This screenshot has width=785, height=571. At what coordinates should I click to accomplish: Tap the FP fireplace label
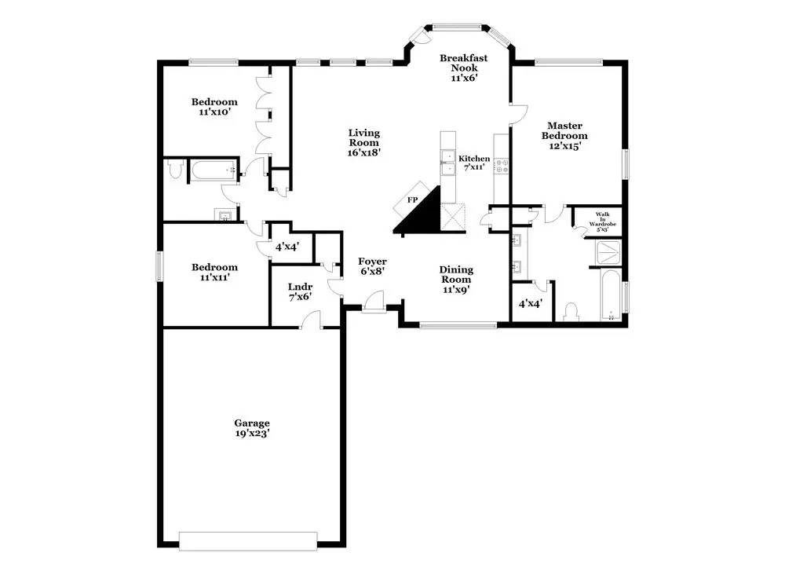(x=411, y=200)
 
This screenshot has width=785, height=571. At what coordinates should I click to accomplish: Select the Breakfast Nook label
(x=463, y=68)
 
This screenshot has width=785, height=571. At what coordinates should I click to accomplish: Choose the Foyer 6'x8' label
(x=372, y=266)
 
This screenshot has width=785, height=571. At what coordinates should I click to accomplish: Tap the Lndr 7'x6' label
(x=299, y=291)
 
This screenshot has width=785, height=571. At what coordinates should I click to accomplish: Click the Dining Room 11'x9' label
(x=455, y=279)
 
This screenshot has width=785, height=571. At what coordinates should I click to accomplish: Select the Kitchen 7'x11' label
(x=474, y=163)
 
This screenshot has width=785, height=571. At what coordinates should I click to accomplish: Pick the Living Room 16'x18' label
(x=364, y=142)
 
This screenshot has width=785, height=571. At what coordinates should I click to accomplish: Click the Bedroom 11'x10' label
(x=214, y=107)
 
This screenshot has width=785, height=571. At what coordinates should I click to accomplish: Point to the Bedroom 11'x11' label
(x=214, y=272)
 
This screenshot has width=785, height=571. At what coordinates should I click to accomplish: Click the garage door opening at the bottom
(x=248, y=540)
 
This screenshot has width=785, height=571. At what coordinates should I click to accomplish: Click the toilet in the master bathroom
(x=571, y=312)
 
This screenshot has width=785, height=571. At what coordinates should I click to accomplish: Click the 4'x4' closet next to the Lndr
(x=287, y=247)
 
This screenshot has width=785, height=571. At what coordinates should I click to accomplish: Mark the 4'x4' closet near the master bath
(x=530, y=302)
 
